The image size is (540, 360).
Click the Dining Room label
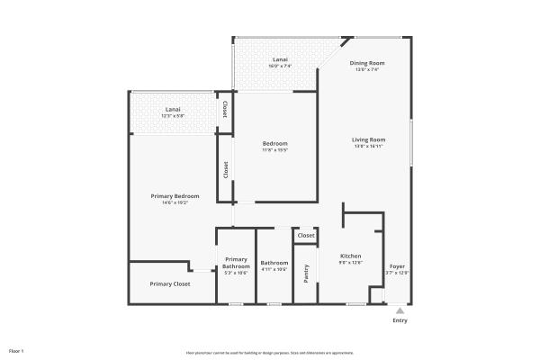(367, 63)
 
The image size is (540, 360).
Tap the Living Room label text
(368, 139)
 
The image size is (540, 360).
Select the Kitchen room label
(350, 256)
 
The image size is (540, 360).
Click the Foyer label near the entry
(397, 267)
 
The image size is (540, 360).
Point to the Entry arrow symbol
(400, 310)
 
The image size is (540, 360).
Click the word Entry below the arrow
(400, 320)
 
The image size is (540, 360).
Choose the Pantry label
(306, 274)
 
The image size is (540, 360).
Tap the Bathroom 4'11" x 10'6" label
(274, 266)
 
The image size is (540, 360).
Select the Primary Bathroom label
(236, 263)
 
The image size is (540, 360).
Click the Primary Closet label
(170, 283)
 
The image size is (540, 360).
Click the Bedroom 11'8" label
(275, 144)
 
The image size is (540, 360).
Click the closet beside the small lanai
(225, 110)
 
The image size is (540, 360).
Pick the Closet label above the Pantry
(306, 236)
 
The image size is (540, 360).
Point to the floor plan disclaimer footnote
(269, 352)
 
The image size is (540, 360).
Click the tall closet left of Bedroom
(225, 168)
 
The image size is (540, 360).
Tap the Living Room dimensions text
(368, 145)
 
